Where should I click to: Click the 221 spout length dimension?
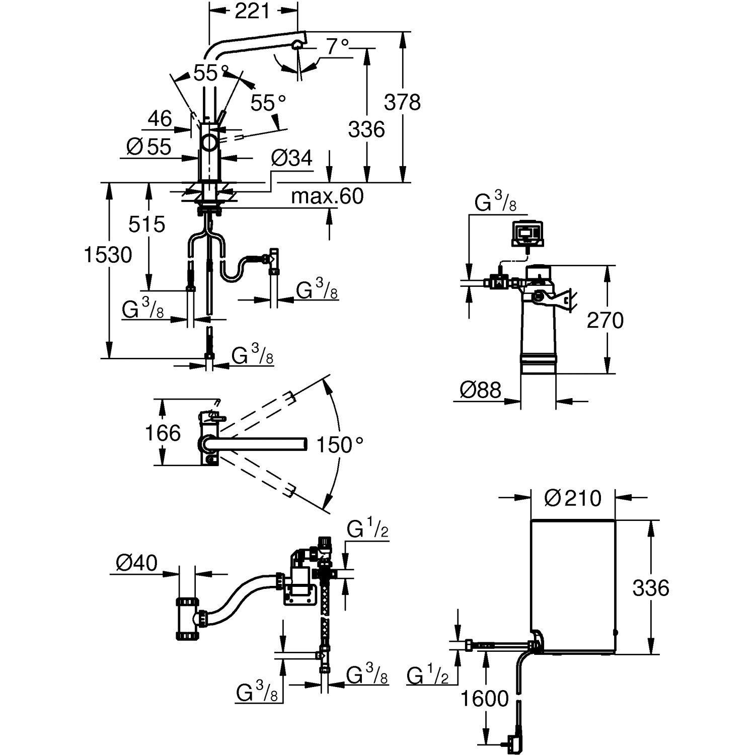252,11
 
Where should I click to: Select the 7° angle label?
337,47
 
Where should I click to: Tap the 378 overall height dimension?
402,102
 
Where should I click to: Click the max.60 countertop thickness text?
327,196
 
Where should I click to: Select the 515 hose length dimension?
146,224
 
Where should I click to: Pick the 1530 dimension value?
108,255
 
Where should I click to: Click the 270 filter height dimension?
605,320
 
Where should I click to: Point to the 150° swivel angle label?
339,445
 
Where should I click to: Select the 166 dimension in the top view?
163,433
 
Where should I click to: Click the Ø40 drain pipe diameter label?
136,563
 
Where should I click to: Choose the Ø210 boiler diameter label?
573,498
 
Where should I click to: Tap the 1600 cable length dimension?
485,699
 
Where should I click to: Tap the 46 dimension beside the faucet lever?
160,119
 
